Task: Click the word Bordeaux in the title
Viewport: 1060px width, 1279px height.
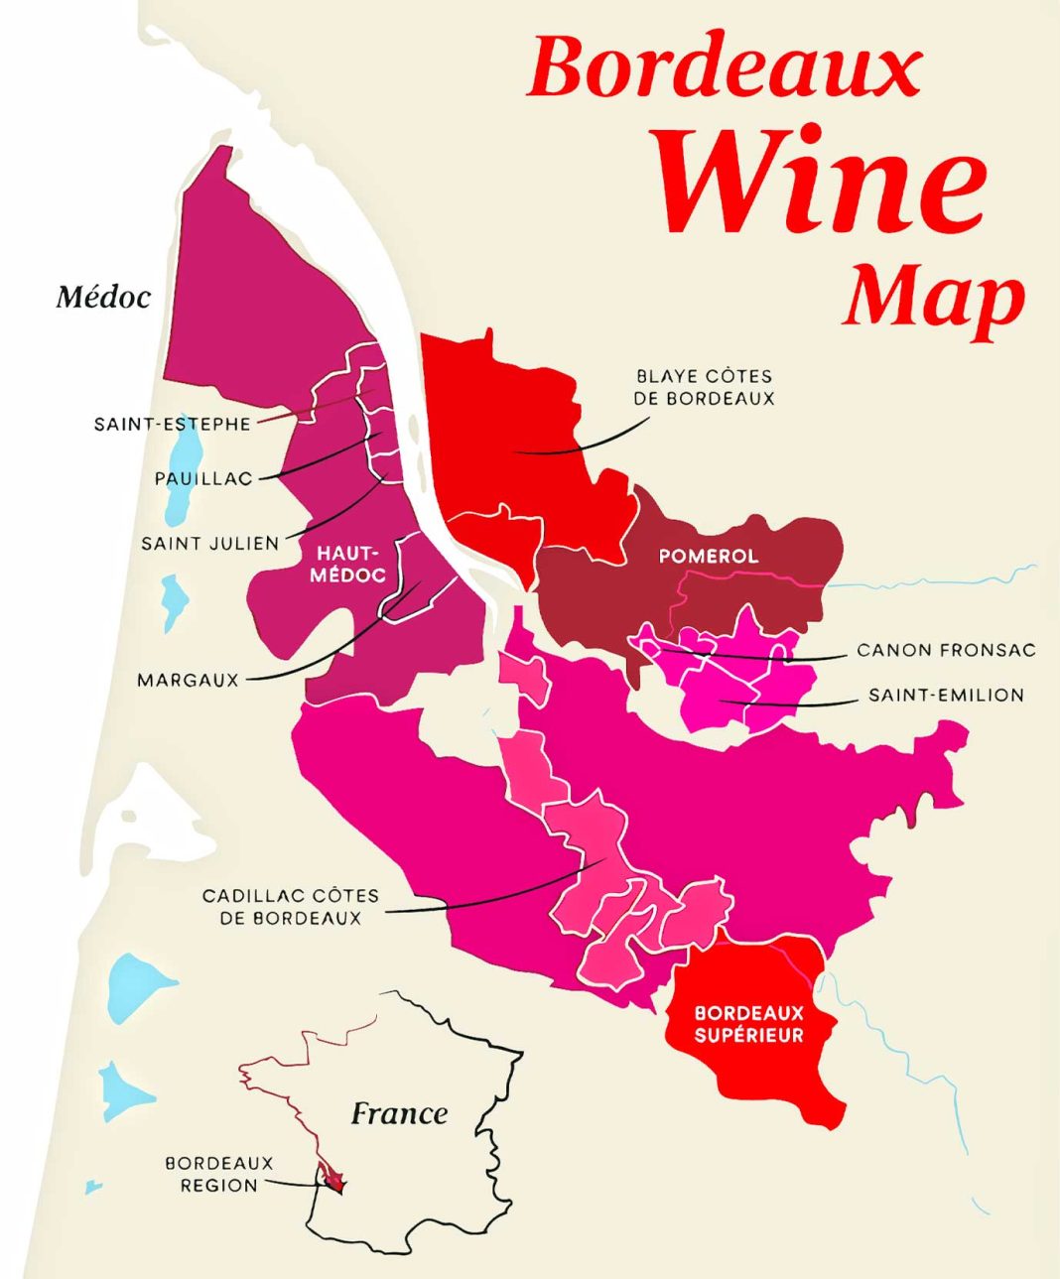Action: coord(725,67)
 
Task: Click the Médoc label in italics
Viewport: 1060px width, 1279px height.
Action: coord(103,297)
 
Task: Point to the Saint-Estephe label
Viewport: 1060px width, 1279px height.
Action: coord(172,424)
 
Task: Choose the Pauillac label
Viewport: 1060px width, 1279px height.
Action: coord(203,478)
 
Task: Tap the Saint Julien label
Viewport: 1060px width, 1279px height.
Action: coord(209,544)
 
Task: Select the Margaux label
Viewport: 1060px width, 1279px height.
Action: coord(188,681)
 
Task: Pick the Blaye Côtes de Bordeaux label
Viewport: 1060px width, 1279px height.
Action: coord(705,387)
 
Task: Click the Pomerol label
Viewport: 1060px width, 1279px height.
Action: coord(708,556)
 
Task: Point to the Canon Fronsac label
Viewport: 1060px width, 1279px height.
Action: coord(945,651)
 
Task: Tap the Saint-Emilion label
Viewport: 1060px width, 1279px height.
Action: coord(945,696)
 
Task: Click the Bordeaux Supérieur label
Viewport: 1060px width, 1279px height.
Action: coord(748,1024)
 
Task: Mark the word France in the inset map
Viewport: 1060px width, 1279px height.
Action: coord(399,1113)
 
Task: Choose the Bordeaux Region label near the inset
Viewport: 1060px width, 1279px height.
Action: coord(218,1174)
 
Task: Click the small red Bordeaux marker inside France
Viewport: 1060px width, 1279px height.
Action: coord(334,1181)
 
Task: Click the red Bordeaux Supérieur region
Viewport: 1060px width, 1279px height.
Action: coord(764,1072)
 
